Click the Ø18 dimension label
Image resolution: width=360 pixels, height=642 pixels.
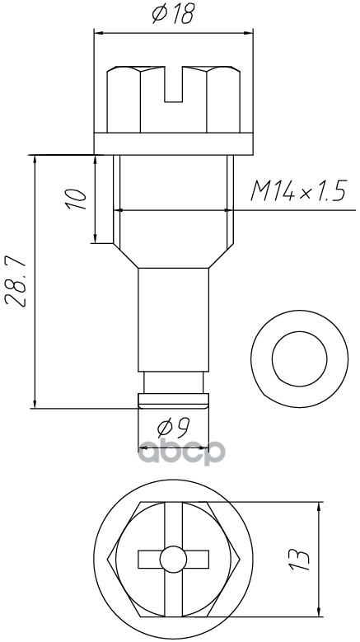pos(173,13)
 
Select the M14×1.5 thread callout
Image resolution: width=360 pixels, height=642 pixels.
pos(299,190)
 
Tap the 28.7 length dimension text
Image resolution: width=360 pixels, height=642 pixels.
pos(16,282)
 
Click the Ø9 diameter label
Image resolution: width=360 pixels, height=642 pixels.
pos(173,428)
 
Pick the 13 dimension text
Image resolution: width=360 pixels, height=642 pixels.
pos(300,560)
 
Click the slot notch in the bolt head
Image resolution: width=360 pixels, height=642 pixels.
pos(174,84)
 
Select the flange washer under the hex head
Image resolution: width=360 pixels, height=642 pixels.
pos(174,143)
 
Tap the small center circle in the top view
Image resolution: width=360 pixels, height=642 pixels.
pos(174,560)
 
